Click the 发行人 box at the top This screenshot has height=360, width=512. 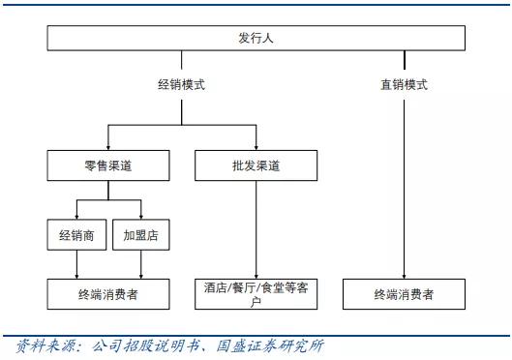pyautogui.click(x=256, y=39)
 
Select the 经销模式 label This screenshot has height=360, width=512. pyautogui.click(x=181, y=84)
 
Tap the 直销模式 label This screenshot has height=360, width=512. pyautogui.click(x=404, y=84)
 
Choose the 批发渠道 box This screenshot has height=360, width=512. pyautogui.click(x=256, y=166)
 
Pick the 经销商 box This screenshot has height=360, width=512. pyautogui.click(x=75, y=234)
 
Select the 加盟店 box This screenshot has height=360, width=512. pyautogui.click(x=141, y=234)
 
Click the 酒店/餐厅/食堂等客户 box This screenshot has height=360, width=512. pyautogui.click(x=256, y=294)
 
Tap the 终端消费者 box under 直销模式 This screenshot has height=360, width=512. pyautogui.click(x=404, y=293)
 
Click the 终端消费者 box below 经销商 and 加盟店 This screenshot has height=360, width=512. pyautogui.click(x=108, y=293)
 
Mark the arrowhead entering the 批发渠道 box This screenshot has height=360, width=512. pyautogui.click(x=256, y=146)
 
